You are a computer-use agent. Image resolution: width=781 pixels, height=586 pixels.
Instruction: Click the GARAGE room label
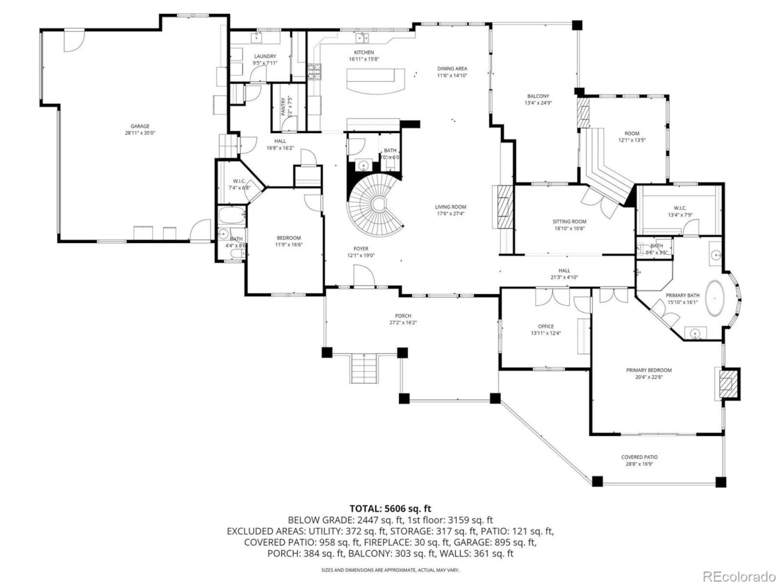tap(140, 126)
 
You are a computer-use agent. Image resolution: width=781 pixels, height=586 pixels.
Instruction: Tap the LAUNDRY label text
tap(265, 56)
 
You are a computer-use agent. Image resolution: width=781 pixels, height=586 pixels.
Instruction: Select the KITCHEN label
tap(364, 52)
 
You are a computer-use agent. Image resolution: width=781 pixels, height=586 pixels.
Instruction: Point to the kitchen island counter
tap(376, 79)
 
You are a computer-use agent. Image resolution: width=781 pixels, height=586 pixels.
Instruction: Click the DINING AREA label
tap(452, 68)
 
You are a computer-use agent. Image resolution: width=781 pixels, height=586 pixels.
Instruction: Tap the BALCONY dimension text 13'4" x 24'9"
tap(538, 103)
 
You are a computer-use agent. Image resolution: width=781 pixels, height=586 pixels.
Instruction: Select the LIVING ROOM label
tap(450, 207)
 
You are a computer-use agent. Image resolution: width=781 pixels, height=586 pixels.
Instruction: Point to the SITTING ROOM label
tap(569, 222)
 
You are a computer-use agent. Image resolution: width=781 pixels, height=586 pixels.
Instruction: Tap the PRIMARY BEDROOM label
tap(649, 370)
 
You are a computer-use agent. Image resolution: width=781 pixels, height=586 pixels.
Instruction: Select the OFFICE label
tap(545, 326)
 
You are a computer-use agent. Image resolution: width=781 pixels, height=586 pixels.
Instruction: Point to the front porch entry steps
tap(364, 368)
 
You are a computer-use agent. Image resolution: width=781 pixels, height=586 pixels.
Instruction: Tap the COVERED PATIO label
tap(639, 457)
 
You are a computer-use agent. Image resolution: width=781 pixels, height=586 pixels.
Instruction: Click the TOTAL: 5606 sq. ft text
tap(390, 508)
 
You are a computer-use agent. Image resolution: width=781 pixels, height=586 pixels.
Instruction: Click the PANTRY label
tap(284, 107)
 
